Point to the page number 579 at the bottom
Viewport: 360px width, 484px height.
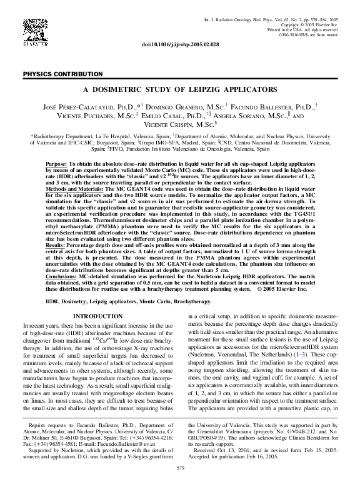coord(180,468)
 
